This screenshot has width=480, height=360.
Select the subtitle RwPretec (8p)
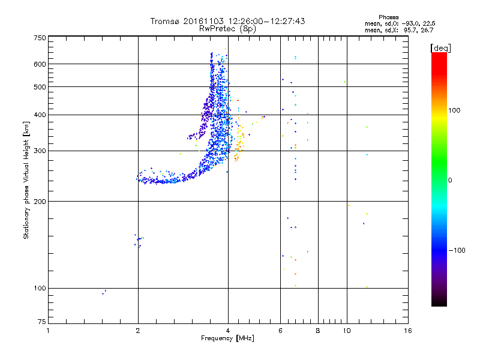pos(228,28)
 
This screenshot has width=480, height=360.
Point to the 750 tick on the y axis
pos(39,38)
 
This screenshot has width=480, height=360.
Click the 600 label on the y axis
pos(39,64)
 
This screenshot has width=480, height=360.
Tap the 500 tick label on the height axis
pos(39,87)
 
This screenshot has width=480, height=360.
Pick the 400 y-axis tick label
pos(39,115)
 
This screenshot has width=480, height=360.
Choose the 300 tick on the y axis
pos(39,151)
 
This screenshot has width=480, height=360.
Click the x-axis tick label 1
pos(48,331)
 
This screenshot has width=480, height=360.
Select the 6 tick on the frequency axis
pos(280,331)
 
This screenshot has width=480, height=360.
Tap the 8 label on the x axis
pos(318,331)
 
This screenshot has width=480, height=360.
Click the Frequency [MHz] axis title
pos(227,338)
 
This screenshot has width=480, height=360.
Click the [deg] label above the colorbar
pos(440,47)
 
